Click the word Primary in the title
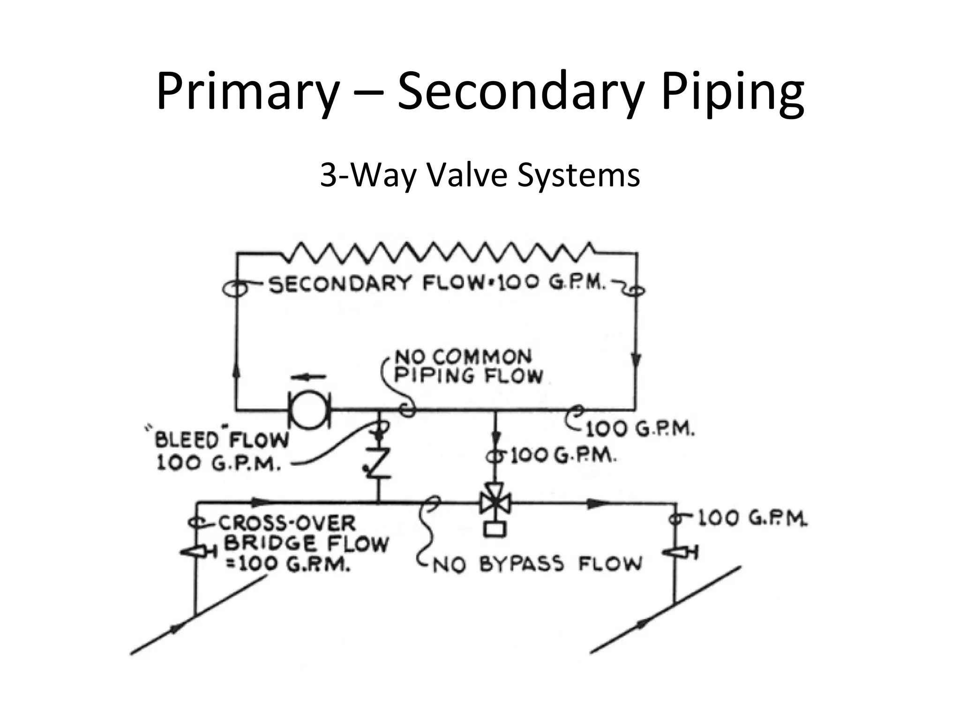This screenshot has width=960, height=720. click(x=247, y=91)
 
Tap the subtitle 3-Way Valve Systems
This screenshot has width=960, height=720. click(x=480, y=175)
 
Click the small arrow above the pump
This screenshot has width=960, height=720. click(x=308, y=376)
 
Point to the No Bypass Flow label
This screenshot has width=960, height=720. click(x=536, y=564)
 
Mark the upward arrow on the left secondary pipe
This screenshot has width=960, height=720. click(x=236, y=370)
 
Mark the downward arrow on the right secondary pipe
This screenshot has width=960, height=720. click(x=636, y=360)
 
